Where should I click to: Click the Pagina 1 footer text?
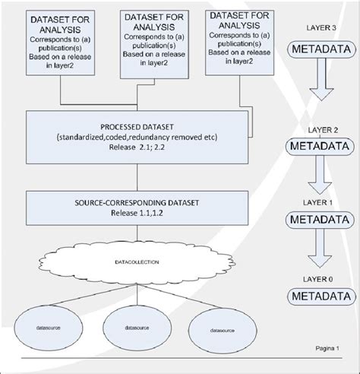click(x=327, y=348)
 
